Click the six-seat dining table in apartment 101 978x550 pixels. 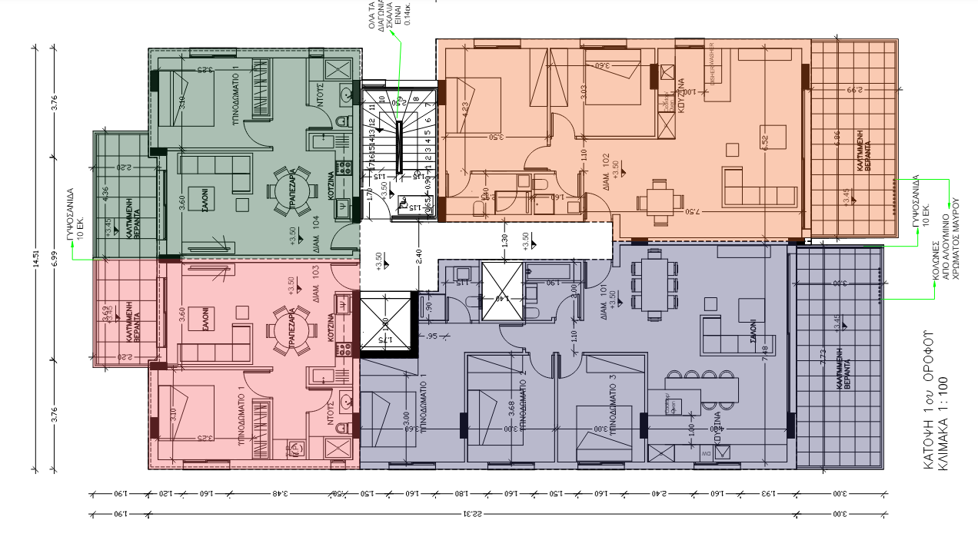tap(655, 287)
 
